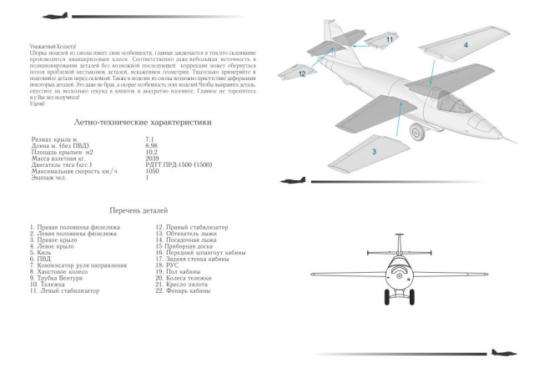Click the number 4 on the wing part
466,43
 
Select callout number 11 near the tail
389,38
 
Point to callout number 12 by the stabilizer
303,73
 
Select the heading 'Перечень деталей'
138,211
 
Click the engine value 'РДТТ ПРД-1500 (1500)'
179,164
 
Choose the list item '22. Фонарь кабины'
184,291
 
